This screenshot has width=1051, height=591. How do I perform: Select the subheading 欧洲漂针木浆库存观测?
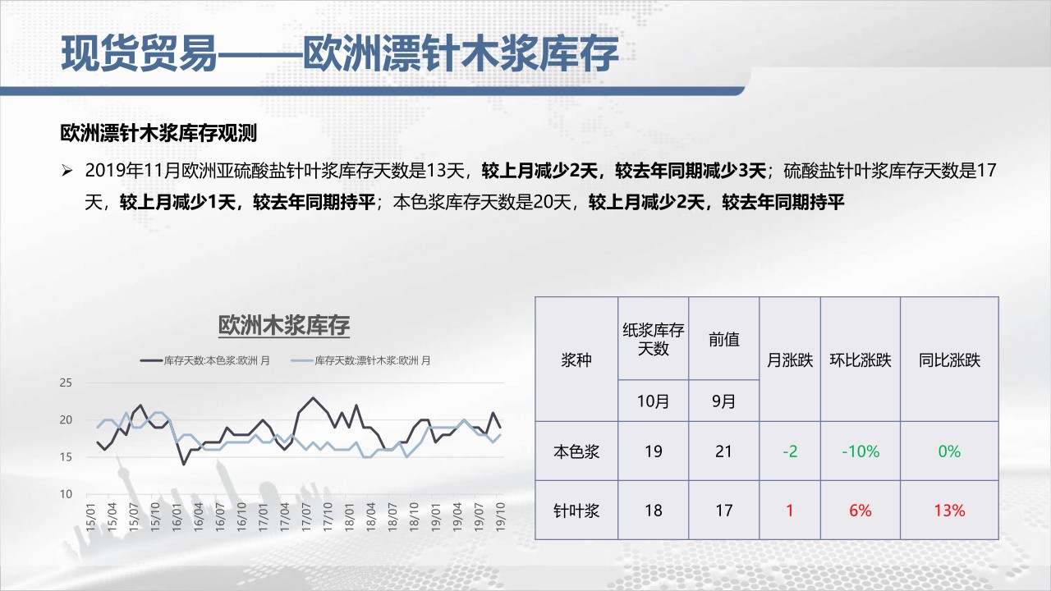pos(158,133)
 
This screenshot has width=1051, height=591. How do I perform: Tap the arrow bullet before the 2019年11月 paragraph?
pos(67,171)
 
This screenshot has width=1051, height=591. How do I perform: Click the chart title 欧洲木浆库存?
pos(284,326)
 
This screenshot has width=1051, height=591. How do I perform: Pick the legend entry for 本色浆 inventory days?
pos(205,360)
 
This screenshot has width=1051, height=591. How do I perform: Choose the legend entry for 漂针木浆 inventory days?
pos(360,360)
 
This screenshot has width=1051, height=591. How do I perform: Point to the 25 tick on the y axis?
pos(66,383)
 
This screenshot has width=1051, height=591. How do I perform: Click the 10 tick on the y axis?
pos(66,494)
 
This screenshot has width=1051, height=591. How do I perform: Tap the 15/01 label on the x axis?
pos(90,517)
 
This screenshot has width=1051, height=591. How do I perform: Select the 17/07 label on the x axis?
pos(306,517)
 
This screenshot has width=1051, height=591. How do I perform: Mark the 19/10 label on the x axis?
pos(500,517)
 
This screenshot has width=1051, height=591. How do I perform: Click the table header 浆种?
pos(576,360)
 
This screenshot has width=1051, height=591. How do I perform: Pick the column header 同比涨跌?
pos(949,360)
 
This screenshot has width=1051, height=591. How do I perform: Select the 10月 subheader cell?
pos(653,401)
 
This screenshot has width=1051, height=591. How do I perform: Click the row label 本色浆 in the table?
pos(576,451)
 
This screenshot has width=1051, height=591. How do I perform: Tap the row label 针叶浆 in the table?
pos(576,511)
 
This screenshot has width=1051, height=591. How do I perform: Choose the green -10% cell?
pos(861,451)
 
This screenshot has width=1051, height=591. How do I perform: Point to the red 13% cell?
pos(949,511)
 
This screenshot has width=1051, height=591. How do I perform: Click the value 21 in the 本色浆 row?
pos(723,451)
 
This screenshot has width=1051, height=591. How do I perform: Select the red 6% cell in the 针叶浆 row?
pos(861,511)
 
